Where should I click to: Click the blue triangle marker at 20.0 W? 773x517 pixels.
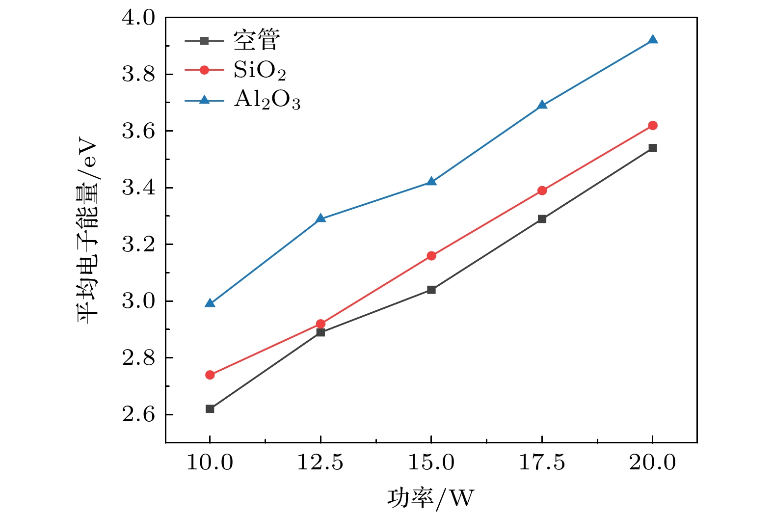(652, 40)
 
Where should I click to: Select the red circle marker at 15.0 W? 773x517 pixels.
(431, 256)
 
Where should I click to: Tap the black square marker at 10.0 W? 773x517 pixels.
(210, 408)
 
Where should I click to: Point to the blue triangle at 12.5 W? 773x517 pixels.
(320, 218)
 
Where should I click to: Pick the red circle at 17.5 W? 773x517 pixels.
(542, 190)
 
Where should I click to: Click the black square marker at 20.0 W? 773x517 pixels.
(652, 148)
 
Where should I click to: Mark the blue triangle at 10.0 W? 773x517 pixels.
(210, 303)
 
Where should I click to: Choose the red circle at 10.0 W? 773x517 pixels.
(210, 375)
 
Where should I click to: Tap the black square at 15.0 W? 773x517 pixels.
(431, 290)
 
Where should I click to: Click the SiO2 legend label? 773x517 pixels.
(259, 71)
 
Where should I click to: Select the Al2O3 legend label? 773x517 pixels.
(267, 100)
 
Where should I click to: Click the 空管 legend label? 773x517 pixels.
(257, 40)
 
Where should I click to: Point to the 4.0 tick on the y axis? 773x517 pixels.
(138, 18)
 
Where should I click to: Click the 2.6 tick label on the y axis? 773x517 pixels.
(138, 415)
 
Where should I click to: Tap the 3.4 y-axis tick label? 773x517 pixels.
(138, 188)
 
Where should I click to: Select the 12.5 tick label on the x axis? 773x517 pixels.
(320, 463)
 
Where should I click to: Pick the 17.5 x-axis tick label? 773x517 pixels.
(542, 463)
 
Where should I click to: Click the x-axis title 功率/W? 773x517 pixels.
(430, 498)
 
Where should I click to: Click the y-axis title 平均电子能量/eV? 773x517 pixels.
(87, 230)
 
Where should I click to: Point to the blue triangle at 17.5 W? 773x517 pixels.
(542, 105)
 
